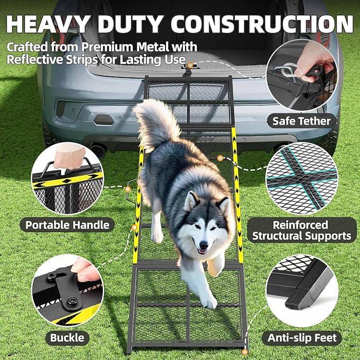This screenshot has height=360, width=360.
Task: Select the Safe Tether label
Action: (x=301, y=121)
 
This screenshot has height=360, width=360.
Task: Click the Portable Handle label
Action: (x=67, y=225)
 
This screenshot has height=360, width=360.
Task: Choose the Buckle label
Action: (x=67, y=337)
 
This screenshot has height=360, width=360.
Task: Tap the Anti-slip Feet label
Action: (x=302, y=337)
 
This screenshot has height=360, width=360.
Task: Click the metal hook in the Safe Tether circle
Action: (x=289, y=69)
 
